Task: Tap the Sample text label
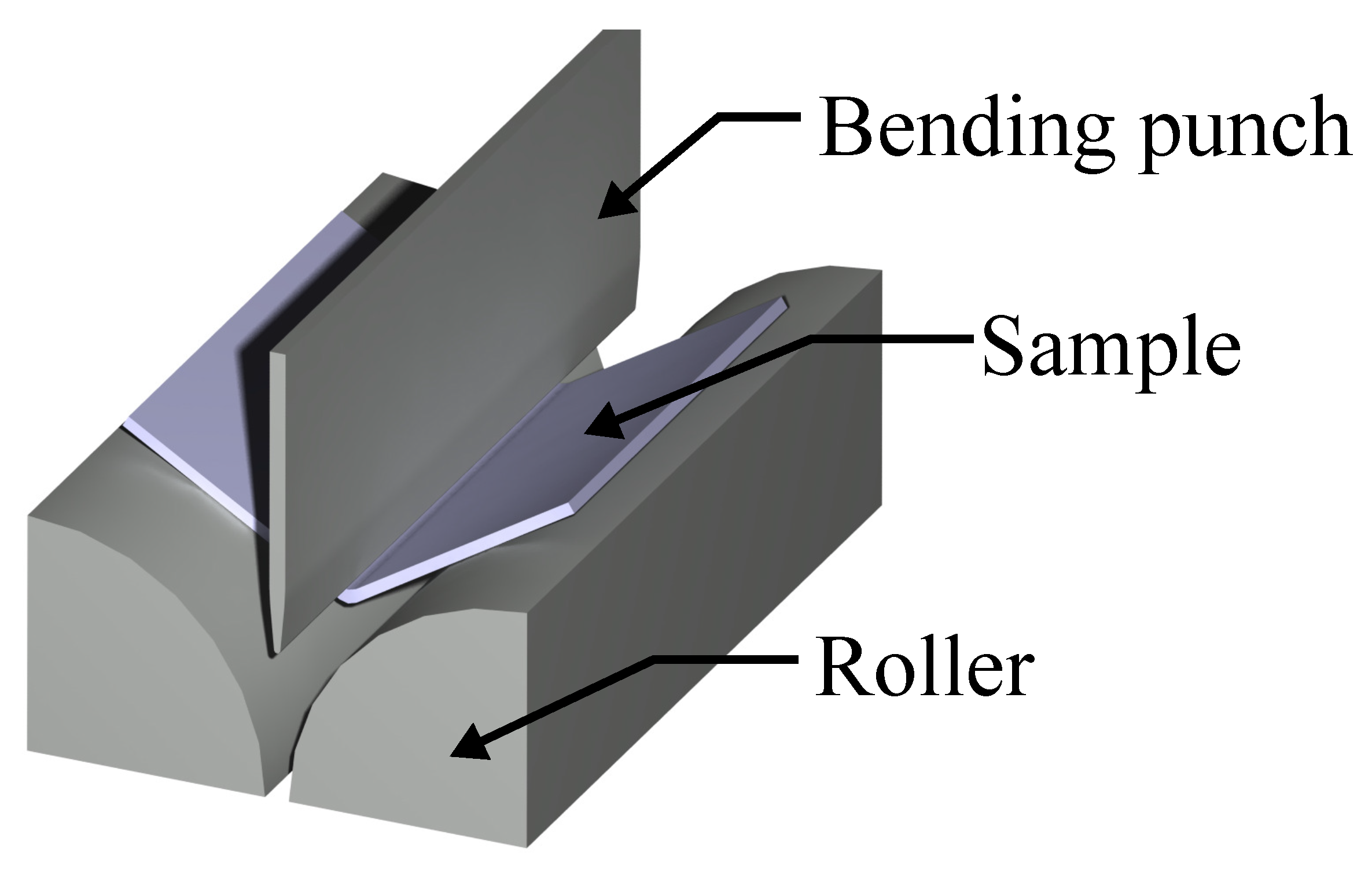click(1110, 355)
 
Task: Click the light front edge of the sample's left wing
click(191, 472)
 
